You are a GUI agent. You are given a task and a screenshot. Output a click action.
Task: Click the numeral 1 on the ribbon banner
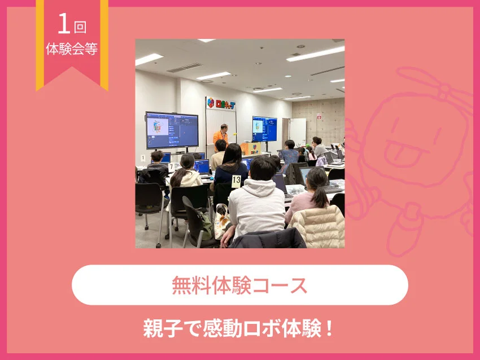click(x=63, y=25)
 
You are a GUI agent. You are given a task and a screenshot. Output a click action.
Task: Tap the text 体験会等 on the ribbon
click(x=72, y=49)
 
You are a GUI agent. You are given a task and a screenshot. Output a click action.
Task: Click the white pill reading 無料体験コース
click(x=239, y=285)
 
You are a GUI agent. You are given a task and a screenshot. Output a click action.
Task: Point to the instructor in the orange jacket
click(x=221, y=135)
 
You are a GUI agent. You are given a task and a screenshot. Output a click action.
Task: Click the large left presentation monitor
click(x=172, y=129)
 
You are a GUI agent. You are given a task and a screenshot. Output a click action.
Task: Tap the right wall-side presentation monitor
click(x=264, y=129)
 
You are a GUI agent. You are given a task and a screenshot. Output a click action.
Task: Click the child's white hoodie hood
click(x=261, y=188)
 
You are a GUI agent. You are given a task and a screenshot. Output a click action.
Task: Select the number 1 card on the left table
click(x=143, y=158)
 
